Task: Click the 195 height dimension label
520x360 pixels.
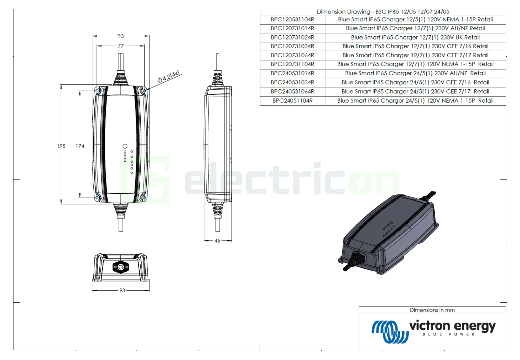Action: pyautogui.click(x=61, y=146)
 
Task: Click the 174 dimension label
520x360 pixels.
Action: pyautogui.click(x=80, y=146)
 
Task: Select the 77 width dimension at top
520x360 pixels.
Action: pyautogui.click(x=121, y=46)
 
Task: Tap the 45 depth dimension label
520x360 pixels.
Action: pyautogui.click(x=217, y=241)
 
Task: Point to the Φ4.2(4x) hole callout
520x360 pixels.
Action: pyautogui.click(x=169, y=77)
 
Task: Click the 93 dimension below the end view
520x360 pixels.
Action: pyautogui.click(x=122, y=290)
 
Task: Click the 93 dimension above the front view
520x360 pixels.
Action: pyautogui.click(x=121, y=36)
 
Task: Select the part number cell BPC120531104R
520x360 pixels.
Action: pyautogui.click(x=292, y=20)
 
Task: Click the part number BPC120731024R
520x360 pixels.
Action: pyautogui.click(x=292, y=37)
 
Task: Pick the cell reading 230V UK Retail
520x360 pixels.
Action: pyautogui.click(x=415, y=37)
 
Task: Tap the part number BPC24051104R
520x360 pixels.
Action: pyautogui.click(x=292, y=101)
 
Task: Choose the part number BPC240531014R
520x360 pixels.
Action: pyautogui.click(x=292, y=73)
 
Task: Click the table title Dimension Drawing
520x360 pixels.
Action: pyautogui.click(x=383, y=12)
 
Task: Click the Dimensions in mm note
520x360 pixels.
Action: pyautogui.click(x=432, y=310)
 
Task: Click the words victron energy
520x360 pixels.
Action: pyautogui.click(x=452, y=326)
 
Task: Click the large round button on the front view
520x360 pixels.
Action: pyautogui.click(x=125, y=146)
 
